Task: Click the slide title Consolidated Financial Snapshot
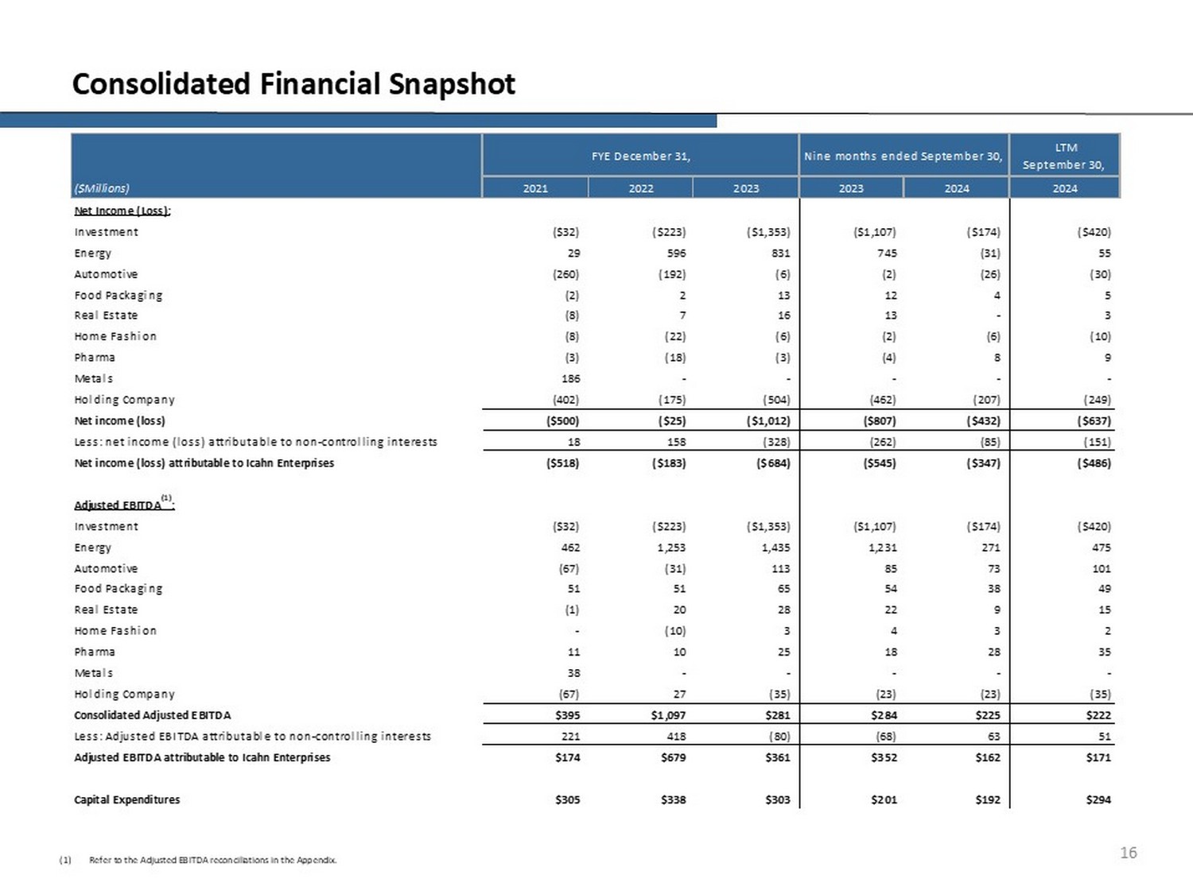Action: point(293,83)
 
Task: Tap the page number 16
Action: point(1128,853)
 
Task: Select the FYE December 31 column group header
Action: point(640,156)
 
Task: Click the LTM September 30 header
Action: point(1064,156)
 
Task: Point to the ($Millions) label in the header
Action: point(102,188)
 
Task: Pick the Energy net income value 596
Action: point(676,253)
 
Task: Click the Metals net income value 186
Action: point(570,378)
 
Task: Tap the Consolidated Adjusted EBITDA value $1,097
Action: point(668,715)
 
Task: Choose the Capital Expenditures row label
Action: point(127,799)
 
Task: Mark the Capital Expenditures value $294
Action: point(1098,799)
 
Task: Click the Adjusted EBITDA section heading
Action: point(119,505)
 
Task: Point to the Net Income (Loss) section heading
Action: point(122,211)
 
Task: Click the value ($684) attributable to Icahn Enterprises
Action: point(773,462)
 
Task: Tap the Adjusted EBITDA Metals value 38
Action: point(573,673)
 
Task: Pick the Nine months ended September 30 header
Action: point(903,156)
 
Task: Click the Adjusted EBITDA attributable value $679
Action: point(673,757)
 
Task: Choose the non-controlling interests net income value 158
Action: point(676,442)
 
